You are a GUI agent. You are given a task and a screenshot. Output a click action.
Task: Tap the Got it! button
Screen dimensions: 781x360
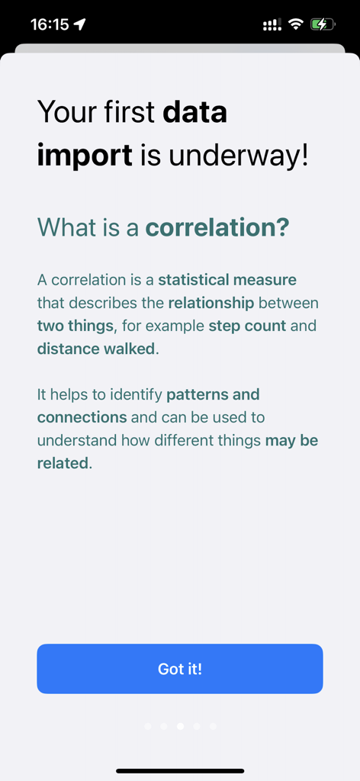pyautogui.click(x=180, y=669)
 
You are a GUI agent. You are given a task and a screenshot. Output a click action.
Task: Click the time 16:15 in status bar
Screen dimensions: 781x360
pyautogui.click(x=50, y=24)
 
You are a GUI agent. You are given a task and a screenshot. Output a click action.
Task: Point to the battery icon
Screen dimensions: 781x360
pyautogui.click(x=322, y=24)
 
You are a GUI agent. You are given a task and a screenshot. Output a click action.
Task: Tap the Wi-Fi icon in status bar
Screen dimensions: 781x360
pyautogui.click(x=295, y=24)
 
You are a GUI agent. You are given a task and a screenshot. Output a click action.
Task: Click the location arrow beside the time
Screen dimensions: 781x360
pyautogui.click(x=80, y=24)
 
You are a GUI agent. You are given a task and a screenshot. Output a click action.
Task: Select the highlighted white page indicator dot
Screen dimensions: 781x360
pyautogui.click(x=180, y=726)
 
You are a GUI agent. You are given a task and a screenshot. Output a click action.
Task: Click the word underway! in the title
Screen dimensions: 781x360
pyautogui.click(x=239, y=156)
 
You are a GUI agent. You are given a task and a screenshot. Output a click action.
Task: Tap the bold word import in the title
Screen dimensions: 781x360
pyautogui.click(x=85, y=156)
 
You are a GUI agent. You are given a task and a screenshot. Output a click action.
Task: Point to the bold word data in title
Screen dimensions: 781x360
pyautogui.click(x=194, y=113)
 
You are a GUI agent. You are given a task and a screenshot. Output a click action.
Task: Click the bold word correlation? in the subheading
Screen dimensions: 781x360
pyautogui.click(x=217, y=227)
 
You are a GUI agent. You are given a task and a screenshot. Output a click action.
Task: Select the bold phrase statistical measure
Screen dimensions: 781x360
pyautogui.click(x=227, y=280)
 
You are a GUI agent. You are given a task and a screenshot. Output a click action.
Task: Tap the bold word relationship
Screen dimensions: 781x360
pyautogui.click(x=211, y=303)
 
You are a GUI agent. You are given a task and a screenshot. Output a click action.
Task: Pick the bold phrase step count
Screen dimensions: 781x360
pyautogui.click(x=247, y=326)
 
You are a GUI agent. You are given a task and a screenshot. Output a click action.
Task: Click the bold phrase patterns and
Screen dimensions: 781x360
pyautogui.click(x=213, y=394)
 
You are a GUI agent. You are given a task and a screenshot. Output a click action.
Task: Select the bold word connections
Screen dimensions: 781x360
pyautogui.click(x=82, y=417)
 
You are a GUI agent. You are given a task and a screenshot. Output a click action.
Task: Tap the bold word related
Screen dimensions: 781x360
pyautogui.click(x=63, y=463)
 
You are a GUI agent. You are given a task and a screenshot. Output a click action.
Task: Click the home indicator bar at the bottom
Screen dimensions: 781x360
pyautogui.click(x=180, y=771)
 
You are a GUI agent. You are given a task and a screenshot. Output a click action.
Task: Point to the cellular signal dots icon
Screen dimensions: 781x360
pyautogui.click(x=271, y=24)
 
